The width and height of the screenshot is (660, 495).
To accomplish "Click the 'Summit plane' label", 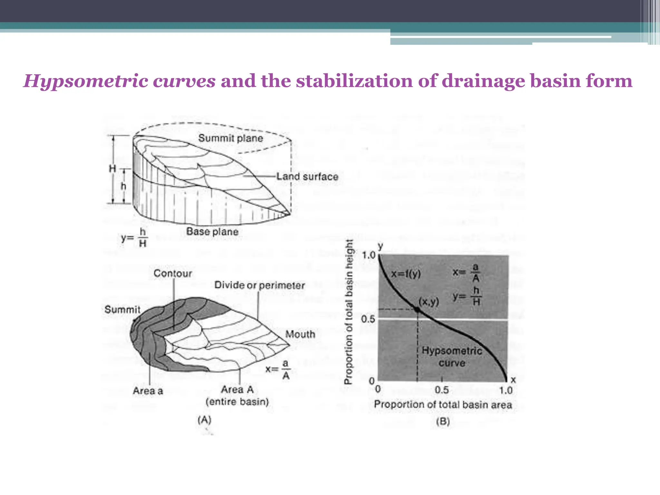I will point(230,138).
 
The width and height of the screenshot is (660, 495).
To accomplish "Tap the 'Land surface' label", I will point(307,177).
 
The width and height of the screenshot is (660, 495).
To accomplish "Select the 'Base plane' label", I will point(212,232).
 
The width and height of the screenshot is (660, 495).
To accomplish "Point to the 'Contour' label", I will point(173,274).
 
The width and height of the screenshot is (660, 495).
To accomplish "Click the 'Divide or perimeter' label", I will point(259,285).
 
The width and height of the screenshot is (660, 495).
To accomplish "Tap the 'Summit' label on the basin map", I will point(122,310).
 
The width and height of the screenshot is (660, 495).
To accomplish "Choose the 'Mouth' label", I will point(300,334).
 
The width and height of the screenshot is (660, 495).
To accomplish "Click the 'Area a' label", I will point(148,391).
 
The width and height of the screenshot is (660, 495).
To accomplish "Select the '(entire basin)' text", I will point(237,402).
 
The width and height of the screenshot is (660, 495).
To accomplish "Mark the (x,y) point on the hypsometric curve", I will point(417,310).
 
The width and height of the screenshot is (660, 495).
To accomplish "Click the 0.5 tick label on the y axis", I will point(368,319).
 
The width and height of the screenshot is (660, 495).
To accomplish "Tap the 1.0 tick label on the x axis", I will point(506,391).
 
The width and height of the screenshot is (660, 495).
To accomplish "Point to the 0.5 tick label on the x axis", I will point(442,391).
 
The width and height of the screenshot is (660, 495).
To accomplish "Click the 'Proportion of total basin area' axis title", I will point(443,405).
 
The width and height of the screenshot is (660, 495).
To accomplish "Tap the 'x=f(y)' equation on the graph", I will point(406,274).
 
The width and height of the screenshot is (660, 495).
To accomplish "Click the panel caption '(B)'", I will point(443,422).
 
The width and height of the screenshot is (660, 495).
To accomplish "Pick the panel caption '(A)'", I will point(204,420).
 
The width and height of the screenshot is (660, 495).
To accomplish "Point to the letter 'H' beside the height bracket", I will point(112,168).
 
